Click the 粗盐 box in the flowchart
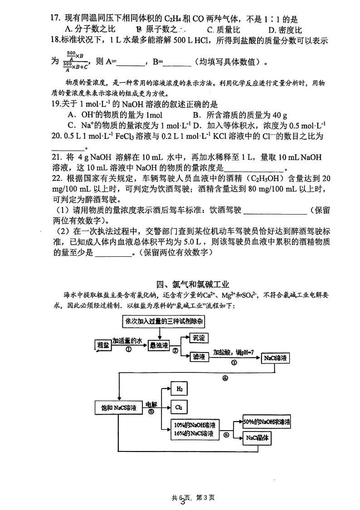(103, 345)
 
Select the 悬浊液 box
(159, 345)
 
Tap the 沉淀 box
(199, 338)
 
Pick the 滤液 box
(199, 357)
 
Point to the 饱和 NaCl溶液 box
(119, 407)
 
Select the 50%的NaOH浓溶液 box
(267, 422)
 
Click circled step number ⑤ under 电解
(151, 412)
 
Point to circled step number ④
(225, 378)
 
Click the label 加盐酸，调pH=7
(231, 352)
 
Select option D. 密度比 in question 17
(285, 30)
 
